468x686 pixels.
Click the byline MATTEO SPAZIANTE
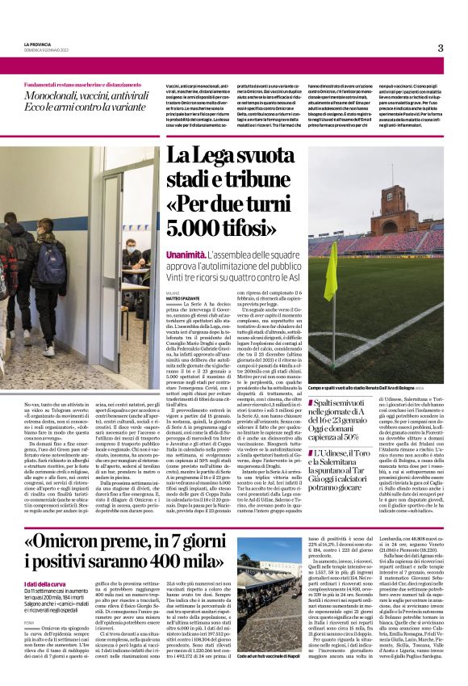pos(184,300)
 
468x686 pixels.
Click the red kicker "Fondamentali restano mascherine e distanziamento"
pos(84,84)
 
